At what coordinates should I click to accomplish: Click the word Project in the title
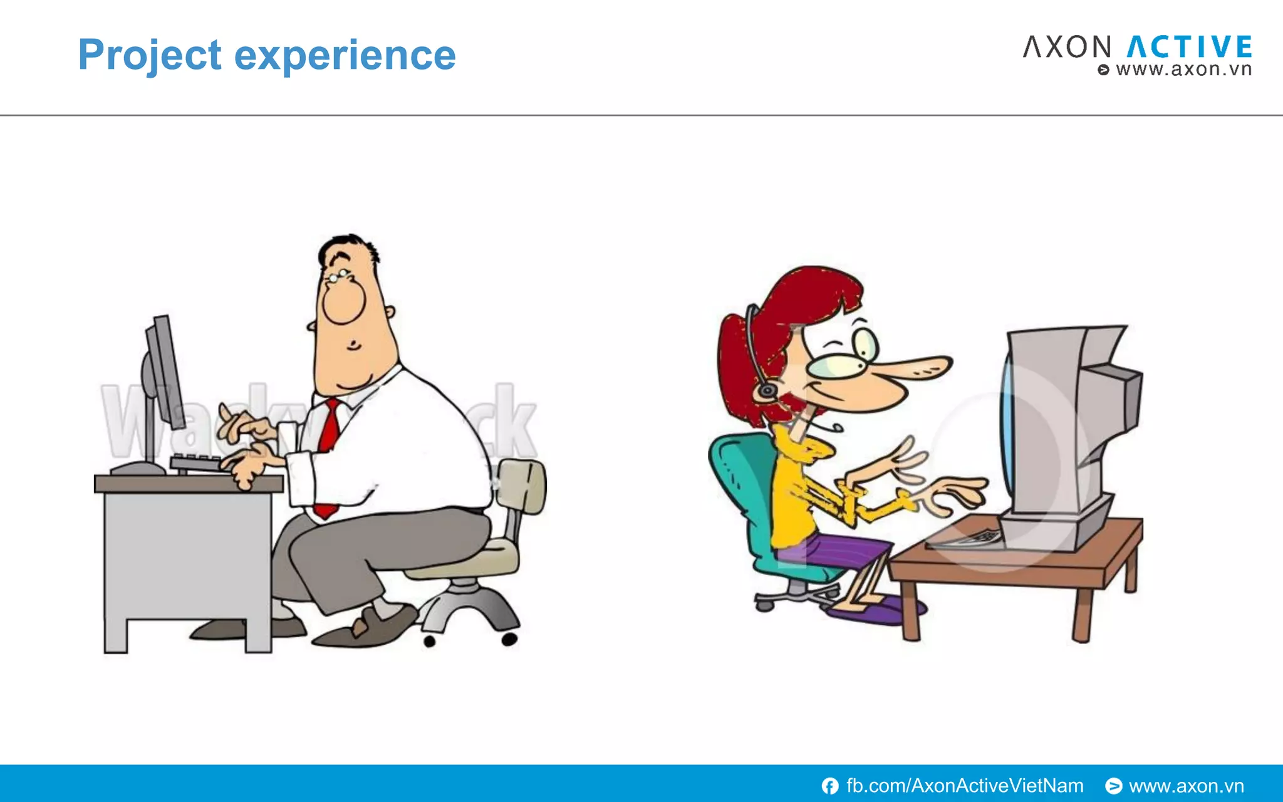149,55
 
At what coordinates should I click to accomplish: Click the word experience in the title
345,55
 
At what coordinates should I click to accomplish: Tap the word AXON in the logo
1067,48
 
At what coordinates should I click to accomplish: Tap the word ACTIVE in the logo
1189,48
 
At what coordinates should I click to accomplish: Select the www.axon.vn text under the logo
1183,69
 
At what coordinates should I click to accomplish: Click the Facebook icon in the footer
830,786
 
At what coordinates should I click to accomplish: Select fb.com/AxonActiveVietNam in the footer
965,786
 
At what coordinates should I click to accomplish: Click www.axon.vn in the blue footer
1186,786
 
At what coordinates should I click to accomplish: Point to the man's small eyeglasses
338,276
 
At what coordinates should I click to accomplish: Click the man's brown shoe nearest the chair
370,627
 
